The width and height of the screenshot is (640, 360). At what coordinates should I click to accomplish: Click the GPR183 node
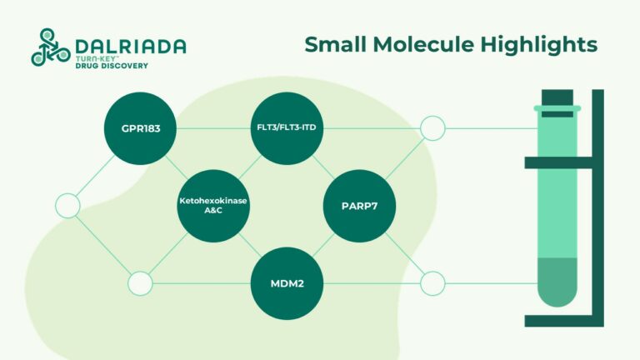(x=140, y=128)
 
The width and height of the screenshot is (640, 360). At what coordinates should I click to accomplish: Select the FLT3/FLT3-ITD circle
(x=287, y=128)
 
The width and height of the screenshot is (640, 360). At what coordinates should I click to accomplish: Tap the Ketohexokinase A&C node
(x=214, y=206)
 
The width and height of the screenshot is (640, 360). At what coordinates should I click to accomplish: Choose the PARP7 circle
(x=359, y=206)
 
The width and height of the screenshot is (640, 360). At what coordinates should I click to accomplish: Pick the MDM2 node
(x=287, y=283)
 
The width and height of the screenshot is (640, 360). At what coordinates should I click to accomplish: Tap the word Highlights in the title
(x=542, y=44)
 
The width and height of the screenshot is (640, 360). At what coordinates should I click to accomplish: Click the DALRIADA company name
(x=130, y=46)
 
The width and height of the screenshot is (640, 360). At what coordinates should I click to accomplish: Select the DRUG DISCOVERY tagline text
(x=111, y=66)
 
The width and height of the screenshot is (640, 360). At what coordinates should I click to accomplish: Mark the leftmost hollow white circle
(x=67, y=206)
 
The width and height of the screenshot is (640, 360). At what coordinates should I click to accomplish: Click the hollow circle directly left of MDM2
(x=140, y=283)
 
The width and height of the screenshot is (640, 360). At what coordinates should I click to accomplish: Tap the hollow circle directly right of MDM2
(x=432, y=283)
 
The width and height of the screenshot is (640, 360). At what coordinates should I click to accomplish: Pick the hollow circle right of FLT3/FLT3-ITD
(x=432, y=128)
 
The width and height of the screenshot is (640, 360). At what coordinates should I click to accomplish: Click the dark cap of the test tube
(x=557, y=99)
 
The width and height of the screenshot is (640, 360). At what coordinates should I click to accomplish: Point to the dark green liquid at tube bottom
(x=557, y=279)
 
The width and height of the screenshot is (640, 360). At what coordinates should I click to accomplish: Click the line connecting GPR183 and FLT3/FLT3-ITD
(x=213, y=128)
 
